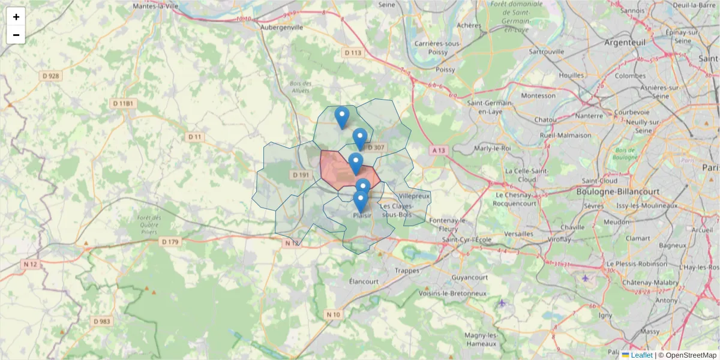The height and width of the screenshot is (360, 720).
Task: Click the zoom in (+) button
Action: coord(16,17)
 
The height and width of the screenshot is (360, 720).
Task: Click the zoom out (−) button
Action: coord(16,35)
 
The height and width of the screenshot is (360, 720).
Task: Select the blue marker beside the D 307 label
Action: coord(360,139)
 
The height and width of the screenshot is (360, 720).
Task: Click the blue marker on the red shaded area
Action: coord(356,163)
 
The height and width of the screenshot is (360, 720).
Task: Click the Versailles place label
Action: coord(519,233)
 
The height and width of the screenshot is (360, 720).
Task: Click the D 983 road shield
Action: coord(102,321)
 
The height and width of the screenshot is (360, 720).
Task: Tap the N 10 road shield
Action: coord(334,314)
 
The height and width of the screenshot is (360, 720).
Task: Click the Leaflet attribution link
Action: coord(641,355)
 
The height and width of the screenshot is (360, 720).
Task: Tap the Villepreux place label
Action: coord(414,196)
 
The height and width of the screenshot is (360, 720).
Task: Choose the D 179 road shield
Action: coord(170,242)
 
